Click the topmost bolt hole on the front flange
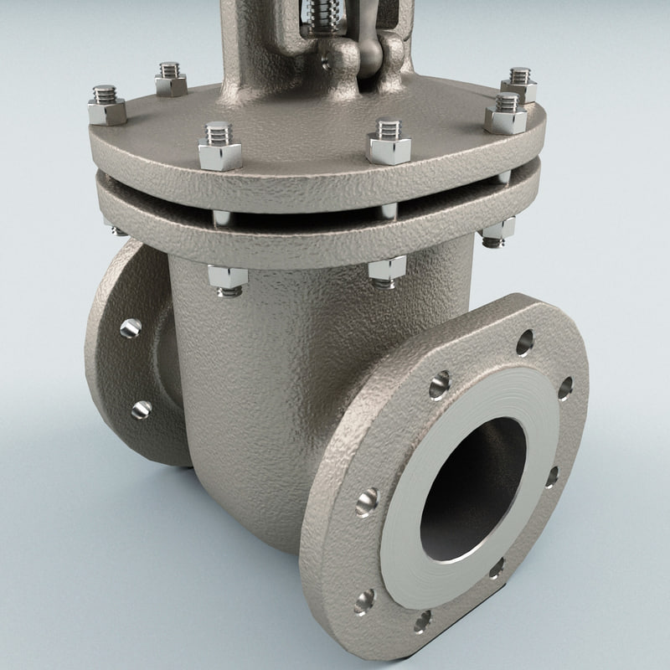pyautogui.click(x=524, y=342)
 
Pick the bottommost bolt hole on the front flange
pyautogui.click(x=422, y=621)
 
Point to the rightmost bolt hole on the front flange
pyautogui.click(x=565, y=388)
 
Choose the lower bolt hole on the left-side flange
pyautogui.click(x=142, y=410)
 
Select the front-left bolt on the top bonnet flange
pyautogui.click(x=219, y=146)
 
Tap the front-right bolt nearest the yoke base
pyautogui.click(x=389, y=142)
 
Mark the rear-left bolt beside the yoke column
pyautogui.click(x=170, y=79)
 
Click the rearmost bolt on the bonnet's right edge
pyautogui.click(x=519, y=85)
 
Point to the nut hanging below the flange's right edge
pyautogui.click(x=497, y=232)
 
